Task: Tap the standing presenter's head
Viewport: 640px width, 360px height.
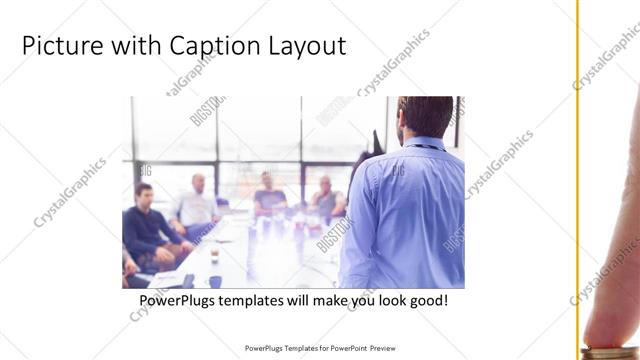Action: (x=424, y=118)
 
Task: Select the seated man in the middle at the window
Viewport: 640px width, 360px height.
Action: (x=269, y=194)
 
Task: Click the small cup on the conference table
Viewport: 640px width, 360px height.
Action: (x=214, y=255)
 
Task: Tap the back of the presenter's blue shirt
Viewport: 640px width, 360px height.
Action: (x=405, y=215)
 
